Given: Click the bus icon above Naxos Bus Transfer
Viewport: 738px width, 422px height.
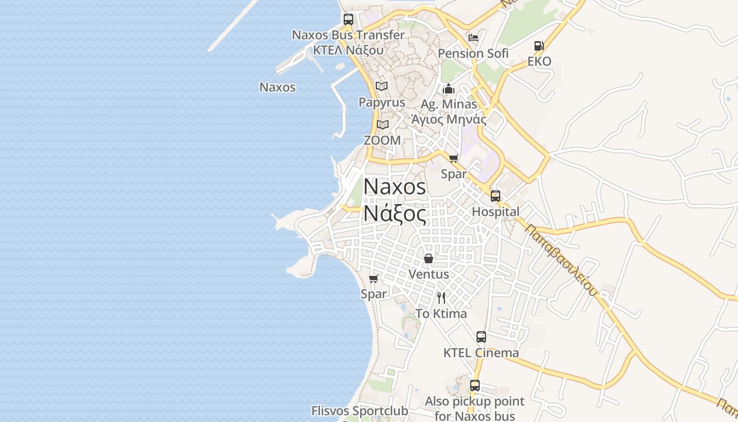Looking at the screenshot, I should coord(348,20).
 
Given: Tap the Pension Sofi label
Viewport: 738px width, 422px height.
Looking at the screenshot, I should coord(473,53).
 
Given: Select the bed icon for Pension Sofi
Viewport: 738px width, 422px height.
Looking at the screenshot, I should coord(473,37).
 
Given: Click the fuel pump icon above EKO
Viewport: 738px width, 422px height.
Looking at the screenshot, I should coord(539,46).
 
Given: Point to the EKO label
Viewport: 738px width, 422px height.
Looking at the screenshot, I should coord(539,61).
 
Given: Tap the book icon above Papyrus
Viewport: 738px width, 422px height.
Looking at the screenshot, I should coord(382,86).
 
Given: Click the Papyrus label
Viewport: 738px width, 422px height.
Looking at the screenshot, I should coord(382,102).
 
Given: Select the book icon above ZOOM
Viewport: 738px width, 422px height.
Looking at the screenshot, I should coord(382,124).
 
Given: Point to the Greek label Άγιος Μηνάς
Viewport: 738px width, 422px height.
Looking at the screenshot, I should coord(449,119).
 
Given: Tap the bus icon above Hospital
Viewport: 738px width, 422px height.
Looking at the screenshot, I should coord(496,196).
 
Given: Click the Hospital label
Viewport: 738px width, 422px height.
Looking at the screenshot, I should coord(496,212).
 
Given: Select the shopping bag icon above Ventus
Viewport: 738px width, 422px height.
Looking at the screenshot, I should coord(429,258).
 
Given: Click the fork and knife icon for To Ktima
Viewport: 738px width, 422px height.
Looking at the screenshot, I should coord(441,298).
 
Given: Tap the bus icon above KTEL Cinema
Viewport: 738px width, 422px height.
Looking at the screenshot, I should coord(481,337).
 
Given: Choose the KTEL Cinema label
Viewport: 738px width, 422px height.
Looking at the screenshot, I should coord(481,352).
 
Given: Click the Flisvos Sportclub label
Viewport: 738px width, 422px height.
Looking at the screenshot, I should coord(360,410).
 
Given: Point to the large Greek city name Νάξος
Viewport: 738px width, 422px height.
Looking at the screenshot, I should coord(394,214).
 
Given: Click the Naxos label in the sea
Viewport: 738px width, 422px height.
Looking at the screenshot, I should coord(277,87).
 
